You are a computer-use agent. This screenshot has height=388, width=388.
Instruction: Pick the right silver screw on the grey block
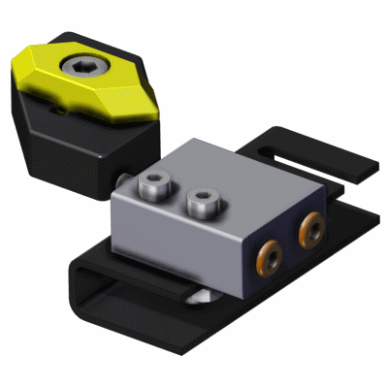[203, 205]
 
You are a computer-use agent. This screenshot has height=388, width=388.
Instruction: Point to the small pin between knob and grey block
[123, 178]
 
